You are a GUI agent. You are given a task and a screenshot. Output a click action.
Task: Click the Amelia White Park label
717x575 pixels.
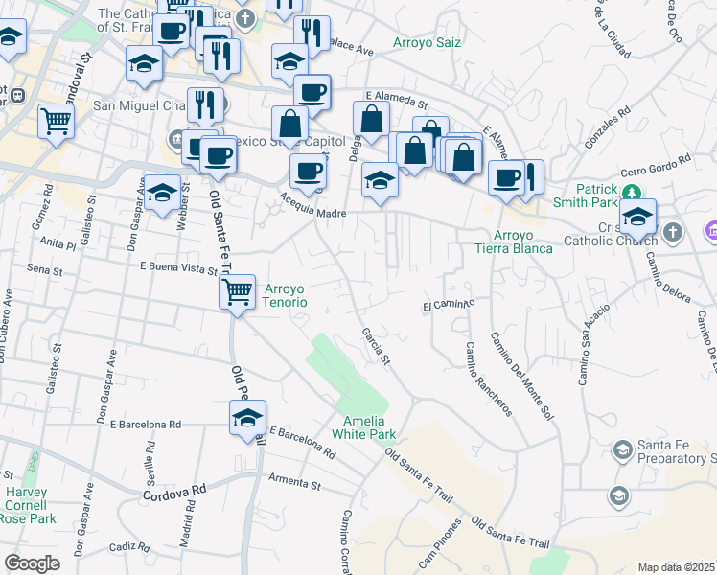tap(363, 427)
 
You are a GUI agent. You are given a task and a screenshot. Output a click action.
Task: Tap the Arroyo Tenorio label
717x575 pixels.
tap(285, 294)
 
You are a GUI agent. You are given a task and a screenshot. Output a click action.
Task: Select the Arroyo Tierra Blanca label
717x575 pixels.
tap(513, 241)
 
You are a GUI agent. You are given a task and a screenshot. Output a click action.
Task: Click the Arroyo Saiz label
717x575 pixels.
tap(427, 43)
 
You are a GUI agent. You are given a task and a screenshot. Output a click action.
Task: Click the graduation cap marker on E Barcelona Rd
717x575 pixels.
tap(247, 417)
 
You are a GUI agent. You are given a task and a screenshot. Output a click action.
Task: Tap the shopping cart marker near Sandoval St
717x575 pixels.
tap(57, 122)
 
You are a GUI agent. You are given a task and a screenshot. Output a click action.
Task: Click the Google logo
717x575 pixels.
tap(32, 563)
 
